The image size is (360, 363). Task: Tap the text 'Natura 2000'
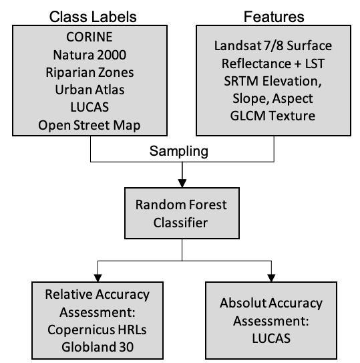pyautogui.click(x=90, y=54)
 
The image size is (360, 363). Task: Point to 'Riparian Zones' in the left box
pyautogui.click(x=90, y=72)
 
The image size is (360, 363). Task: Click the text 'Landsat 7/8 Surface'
pyautogui.click(x=273, y=45)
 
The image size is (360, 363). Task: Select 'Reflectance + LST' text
pyautogui.click(x=273, y=64)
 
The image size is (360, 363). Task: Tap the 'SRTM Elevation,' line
pyautogui.click(x=273, y=82)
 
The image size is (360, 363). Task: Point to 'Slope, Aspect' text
pyautogui.click(x=273, y=100)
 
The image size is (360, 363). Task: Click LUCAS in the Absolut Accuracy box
pyautogui.click(x=271, y=338)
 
